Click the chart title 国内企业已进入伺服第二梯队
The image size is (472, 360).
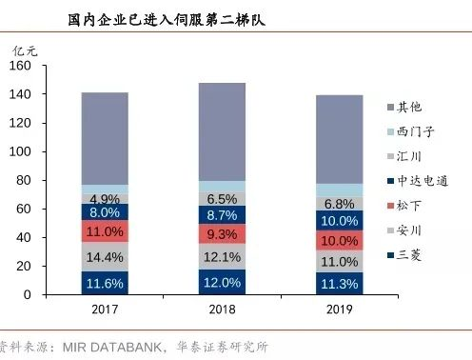(167, 19)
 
